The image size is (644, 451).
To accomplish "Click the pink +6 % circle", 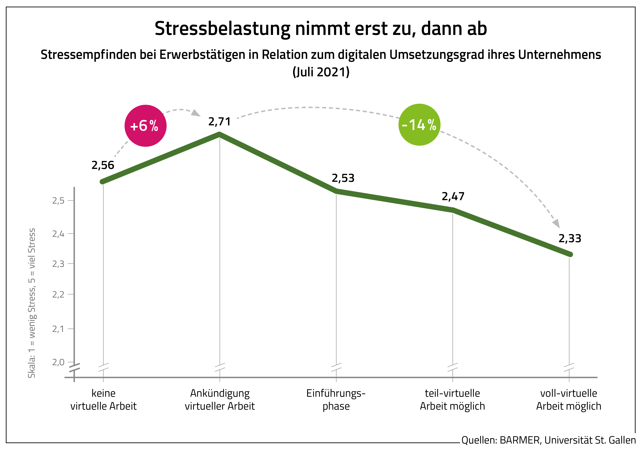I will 145,126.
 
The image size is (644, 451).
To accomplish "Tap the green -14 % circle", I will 419,125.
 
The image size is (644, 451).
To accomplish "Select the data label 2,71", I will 219,122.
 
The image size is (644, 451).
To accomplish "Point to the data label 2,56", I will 103,165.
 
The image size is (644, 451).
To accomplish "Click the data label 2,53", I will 343,178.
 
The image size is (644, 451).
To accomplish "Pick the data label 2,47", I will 453,196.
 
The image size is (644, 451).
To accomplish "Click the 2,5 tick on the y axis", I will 58,201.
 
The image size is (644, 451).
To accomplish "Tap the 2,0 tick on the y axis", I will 58,362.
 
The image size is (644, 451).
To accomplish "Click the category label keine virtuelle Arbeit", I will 104,400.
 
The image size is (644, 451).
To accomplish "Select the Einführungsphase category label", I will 336,400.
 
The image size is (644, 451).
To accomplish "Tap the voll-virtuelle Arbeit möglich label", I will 569,400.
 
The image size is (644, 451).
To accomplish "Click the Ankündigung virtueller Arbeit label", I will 220,400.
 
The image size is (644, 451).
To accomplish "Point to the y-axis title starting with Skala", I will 32,303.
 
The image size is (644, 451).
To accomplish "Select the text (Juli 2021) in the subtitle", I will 321,72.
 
